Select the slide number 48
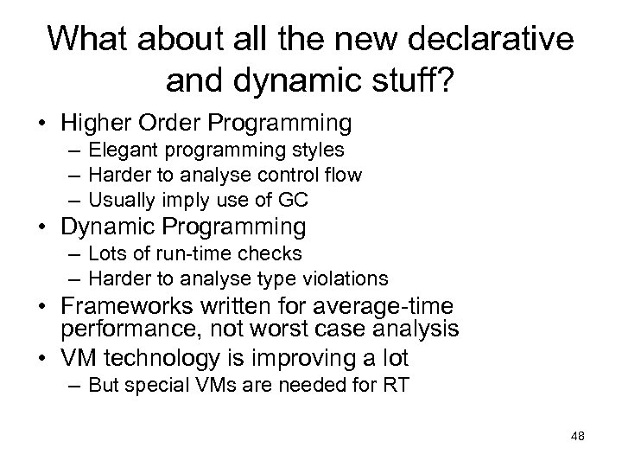(577, 435)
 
